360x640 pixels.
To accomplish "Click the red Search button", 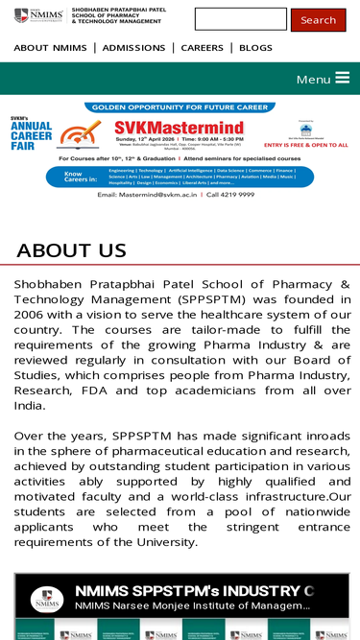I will point(318,20).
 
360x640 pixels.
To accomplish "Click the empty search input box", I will point(240,19).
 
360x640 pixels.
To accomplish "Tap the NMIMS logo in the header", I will point(38,15).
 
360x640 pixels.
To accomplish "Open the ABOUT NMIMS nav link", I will point(50,48).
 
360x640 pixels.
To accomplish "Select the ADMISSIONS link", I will point(133,48).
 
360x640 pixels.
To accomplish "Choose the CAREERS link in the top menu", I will point(202,48).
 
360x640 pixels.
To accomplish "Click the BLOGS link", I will point(255,48).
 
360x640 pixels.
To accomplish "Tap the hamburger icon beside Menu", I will point(342,79).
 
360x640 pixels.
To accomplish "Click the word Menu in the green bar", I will point(313,80).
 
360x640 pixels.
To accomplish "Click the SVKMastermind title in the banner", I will point(179,128).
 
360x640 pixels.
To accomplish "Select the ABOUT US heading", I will point(71,250).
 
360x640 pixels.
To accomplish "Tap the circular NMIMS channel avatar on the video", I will point(46,599).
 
